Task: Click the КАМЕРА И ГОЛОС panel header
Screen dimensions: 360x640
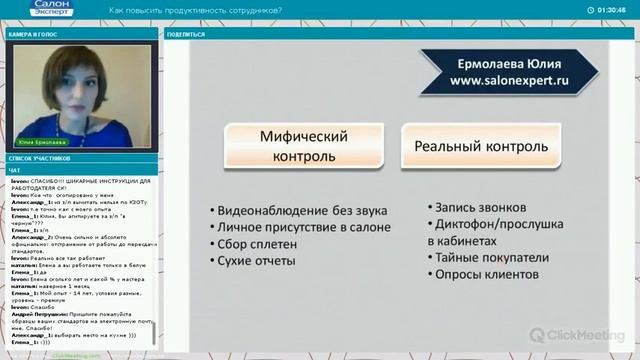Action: (x=31, y=34)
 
